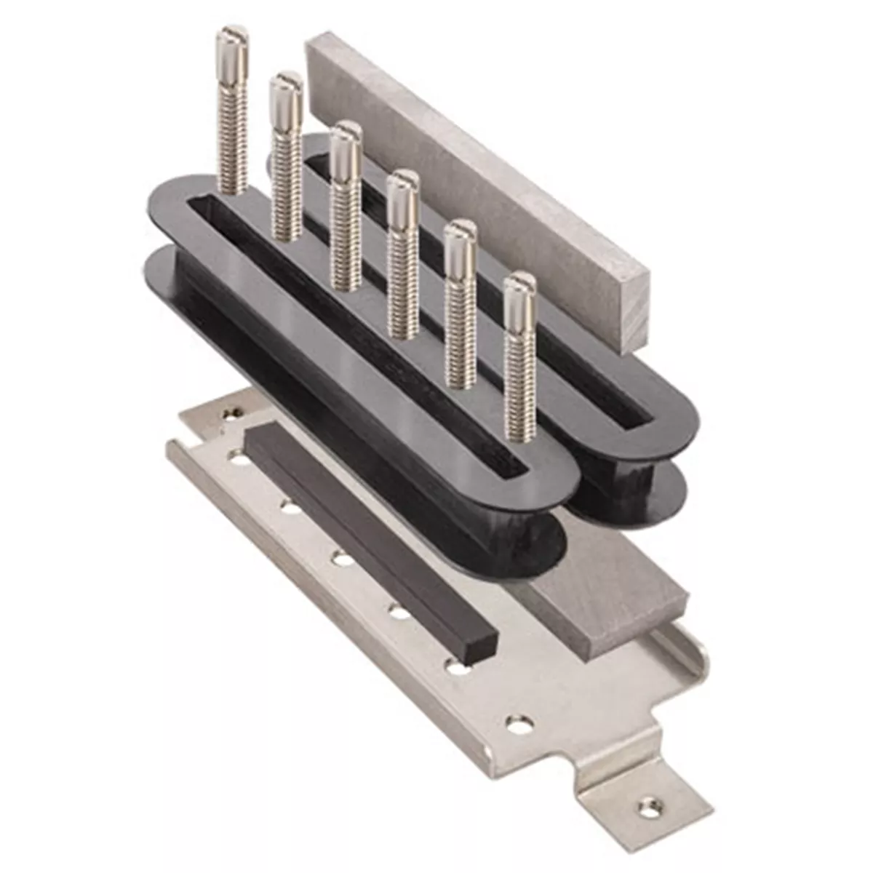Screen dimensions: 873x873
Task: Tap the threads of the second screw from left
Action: [x=286, y=182]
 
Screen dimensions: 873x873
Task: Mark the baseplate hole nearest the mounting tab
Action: [x=518, y=724]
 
